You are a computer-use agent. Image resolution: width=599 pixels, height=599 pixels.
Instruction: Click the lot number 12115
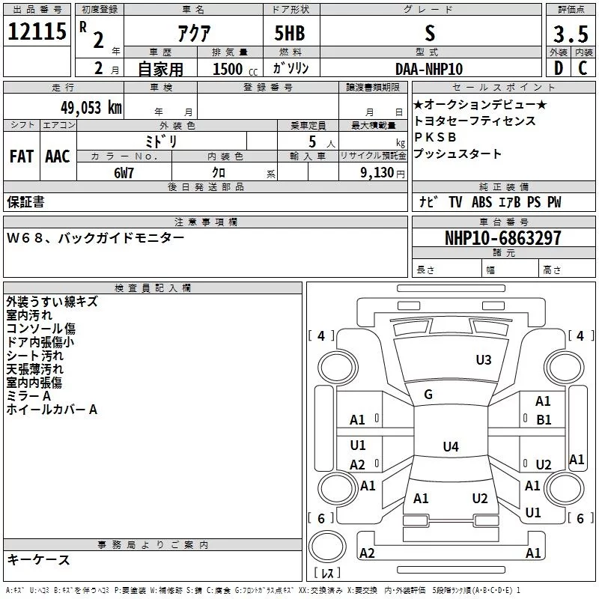(x=36, y=33)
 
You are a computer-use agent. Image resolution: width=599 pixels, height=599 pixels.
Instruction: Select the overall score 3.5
(x=570, y=34)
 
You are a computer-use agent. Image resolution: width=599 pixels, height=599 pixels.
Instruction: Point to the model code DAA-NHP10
(x=429, y=69)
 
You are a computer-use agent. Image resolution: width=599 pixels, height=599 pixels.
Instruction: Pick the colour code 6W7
(x=124, y=172)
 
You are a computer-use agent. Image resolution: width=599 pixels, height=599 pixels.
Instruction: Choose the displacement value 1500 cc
(x=229, y=69)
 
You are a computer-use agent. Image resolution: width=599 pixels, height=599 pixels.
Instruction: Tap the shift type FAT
(x=22, y=156)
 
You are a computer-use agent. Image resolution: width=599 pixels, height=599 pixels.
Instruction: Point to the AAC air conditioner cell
(x=58, y=156)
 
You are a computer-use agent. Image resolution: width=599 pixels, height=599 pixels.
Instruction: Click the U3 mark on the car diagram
(x=484, y=360)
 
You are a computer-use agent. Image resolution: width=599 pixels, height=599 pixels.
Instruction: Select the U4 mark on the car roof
(x=450, y=447)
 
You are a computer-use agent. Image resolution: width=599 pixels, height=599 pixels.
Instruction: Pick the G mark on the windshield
(x=428, y=395)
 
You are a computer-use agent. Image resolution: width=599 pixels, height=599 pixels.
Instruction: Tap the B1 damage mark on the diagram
(x=544, y=420)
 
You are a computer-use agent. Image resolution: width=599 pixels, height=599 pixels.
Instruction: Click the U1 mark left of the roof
(x=358, y=446)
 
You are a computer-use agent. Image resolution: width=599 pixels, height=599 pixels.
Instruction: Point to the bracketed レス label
(x=327, y=574)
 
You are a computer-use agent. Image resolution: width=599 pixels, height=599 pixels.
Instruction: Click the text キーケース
(x=38, y=559)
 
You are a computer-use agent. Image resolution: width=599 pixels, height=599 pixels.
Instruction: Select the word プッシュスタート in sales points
(x=457, y=154)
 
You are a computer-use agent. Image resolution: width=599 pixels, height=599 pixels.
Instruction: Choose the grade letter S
(x=429, y=34)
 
